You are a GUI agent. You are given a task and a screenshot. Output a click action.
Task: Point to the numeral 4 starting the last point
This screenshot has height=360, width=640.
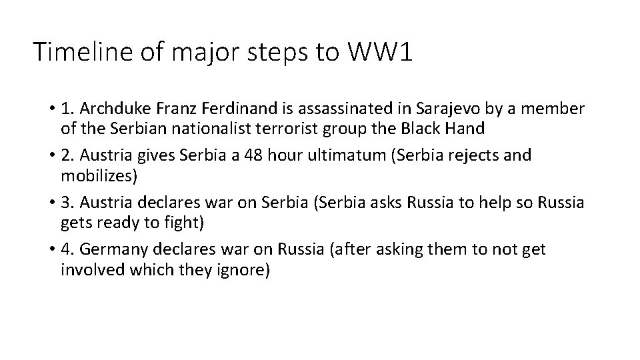tap(65, 250)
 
